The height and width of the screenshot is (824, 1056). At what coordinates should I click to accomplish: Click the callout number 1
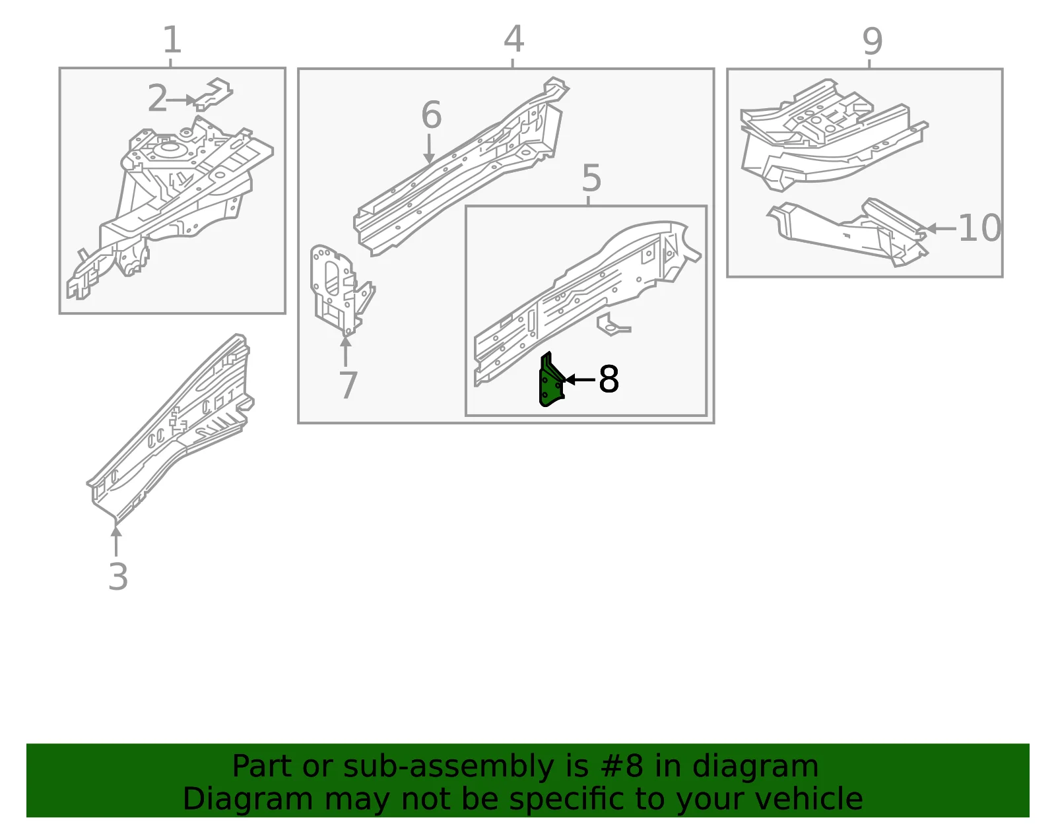(x=172, y=40)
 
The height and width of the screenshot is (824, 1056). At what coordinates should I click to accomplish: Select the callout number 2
(x=157, y=98)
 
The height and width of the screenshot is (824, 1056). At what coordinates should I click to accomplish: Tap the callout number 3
(x=118, y=577)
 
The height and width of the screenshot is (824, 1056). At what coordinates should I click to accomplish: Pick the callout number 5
(x=591, y=178)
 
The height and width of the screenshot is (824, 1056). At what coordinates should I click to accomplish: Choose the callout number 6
(x=431, y=115)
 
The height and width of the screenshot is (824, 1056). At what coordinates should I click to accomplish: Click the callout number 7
(x=348, y=385)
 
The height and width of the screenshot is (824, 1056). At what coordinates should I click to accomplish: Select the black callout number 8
(x=609, y=379)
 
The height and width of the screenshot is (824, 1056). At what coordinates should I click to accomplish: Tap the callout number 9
(x=873, y=42)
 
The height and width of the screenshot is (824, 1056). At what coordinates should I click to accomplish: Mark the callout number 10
(x=979, y=228)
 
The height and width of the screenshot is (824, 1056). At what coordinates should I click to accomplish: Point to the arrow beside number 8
(x=580, y=379)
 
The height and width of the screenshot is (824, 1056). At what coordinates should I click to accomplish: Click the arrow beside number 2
(x=181, y=100)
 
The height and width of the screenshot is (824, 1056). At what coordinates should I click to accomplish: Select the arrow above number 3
(x=116, y=541)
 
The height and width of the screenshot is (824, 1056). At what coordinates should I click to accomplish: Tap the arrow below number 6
(x=428, y=149)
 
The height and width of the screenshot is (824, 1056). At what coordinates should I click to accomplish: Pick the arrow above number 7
(x=346, y=351)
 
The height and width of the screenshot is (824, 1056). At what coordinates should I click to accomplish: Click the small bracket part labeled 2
(x=213, y=94)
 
